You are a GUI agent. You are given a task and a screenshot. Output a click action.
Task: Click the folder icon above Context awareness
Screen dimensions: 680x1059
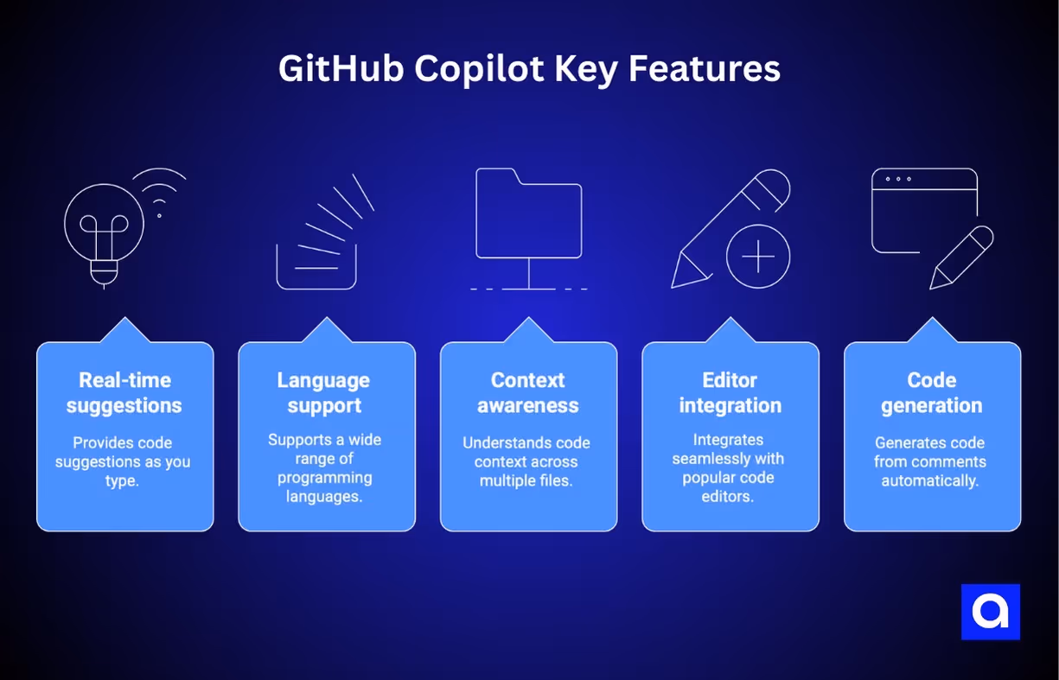pos(529,214)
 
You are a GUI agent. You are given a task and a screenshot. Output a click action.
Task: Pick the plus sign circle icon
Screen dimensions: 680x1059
pos(758,257)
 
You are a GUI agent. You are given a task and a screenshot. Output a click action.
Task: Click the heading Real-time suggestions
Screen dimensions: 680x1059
pos(124,393)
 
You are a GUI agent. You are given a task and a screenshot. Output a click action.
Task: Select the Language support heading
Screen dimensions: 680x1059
pos(323,393)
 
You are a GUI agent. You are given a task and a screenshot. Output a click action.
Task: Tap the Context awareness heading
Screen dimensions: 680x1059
pos(528,393)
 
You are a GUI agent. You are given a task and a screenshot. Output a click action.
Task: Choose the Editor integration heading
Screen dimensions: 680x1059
pos(730,393)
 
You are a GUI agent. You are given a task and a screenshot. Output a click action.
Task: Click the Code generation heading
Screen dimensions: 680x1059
pos(932,393)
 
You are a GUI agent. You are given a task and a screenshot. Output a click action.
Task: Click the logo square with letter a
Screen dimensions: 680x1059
pos(991,612)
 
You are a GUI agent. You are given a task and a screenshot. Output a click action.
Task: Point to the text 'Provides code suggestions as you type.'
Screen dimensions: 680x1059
pos(123,461)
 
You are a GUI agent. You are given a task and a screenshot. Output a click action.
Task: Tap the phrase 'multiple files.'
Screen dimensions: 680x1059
pos(526,480)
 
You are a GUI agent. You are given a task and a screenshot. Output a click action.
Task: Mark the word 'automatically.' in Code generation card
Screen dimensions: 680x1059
pos(930,480)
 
